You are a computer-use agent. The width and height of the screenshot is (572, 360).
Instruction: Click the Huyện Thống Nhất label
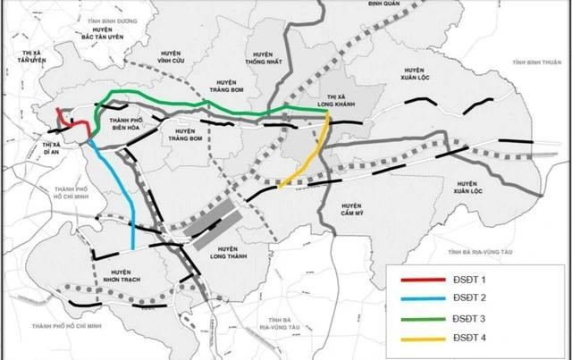pyautogui.click(x=263, y=62)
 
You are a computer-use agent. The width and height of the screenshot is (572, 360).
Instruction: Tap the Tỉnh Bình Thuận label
pyautogui.click(x=536, y=63)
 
